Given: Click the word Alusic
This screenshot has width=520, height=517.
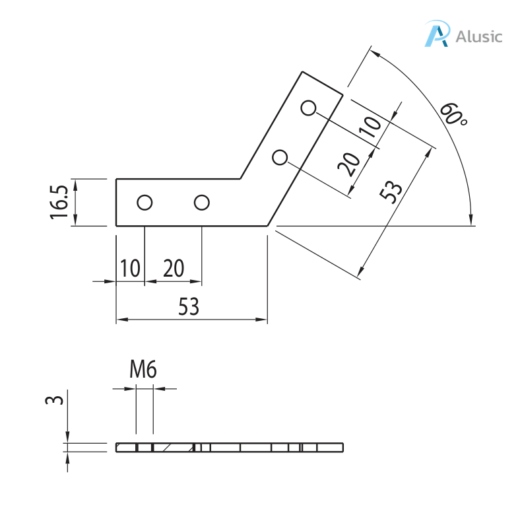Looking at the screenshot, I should pyautogui.click(x=478, y=36).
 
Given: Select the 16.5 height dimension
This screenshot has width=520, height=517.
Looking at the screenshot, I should pyautogui.click(x=59, y=202).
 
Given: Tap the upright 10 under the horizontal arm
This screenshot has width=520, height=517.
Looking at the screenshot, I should pyautogui.click(x=130, y=269).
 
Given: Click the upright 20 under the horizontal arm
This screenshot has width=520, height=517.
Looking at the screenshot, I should pyautogui.click(x=173, y=269).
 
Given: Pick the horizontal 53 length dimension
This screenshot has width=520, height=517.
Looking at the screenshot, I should pyautogui.click(x=189, y=307).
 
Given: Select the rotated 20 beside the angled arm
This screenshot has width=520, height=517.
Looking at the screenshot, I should pyautogui.click(x=349, y=163).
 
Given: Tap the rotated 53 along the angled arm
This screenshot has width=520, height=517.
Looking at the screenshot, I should pyautogui.click(x=390, y=192).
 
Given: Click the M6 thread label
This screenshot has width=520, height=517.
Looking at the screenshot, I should pyautogui.click(x=143, y=370).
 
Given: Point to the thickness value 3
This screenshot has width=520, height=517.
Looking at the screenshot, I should pyautogui.click(x=57, y=400).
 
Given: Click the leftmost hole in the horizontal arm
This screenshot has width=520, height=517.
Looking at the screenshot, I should pyautogui.click(x=144, y=202).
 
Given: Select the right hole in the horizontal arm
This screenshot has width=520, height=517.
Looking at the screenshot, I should pyautogui.click(x=201, y=202).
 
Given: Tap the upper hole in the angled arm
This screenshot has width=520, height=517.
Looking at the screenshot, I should pyautogui.click(x=308, y=108).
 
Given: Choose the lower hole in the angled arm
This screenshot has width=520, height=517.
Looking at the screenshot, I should pyautogui.click(x=280, y=157).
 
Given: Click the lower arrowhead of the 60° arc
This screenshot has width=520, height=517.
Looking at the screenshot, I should pyautogui.click(x=471, y=219).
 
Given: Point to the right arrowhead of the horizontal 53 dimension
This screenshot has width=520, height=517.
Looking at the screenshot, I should pyautogui.click(x=263, y=320).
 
